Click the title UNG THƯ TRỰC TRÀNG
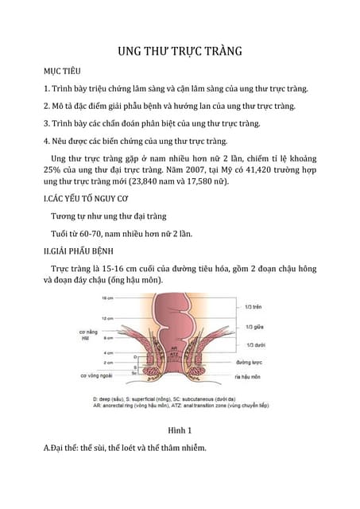tap(180, 52)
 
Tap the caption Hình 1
tap(180, 429)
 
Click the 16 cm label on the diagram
tap(108, 298)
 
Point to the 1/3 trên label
tap(255, 307)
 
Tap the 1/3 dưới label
tap(256, 344)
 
